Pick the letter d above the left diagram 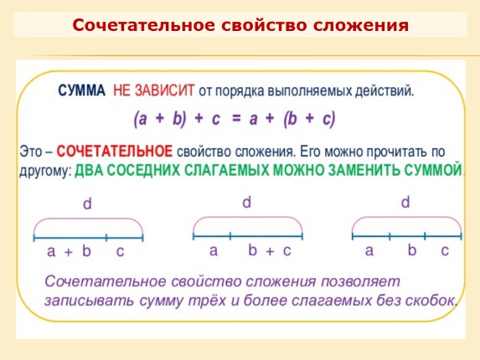87,204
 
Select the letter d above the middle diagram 246,202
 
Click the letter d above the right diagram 405,202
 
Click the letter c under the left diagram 120,251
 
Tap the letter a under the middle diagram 213,250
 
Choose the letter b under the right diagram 411,250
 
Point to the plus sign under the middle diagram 270,251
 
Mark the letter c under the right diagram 445,250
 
